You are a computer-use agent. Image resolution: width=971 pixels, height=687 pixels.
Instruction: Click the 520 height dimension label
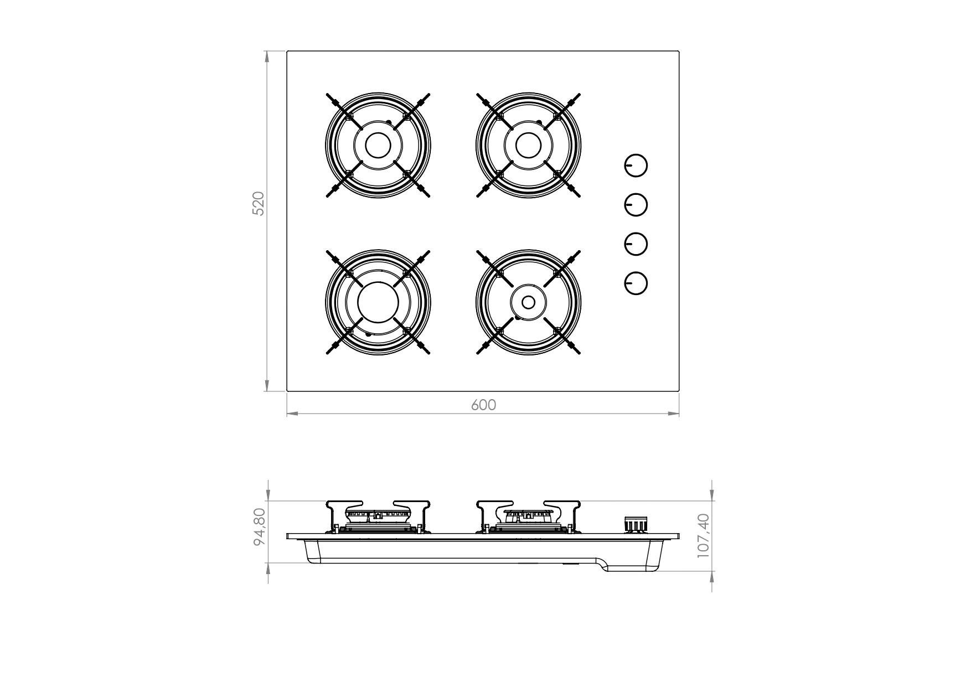(x=259, y=204)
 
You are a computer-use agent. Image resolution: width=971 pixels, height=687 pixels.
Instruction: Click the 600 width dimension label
(x=483, y=405)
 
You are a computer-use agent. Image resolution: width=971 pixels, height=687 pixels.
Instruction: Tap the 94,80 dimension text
(x=260, y=526)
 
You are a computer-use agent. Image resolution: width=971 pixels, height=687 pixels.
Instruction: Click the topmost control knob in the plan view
(x=636, y=166)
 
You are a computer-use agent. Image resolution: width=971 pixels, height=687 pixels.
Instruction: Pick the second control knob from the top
(x=636, y=205)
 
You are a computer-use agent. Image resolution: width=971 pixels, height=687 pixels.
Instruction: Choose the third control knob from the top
(x=636, y=244)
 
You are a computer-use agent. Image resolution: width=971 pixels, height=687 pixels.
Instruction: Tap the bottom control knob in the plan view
(x=636, y=283)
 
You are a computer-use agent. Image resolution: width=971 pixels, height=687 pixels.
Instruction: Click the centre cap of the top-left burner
(x=378, y=145)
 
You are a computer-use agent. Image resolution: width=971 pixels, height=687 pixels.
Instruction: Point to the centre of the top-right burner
(x=529, y=145)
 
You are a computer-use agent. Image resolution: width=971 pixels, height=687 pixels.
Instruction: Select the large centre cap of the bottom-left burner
(x=378, y=302)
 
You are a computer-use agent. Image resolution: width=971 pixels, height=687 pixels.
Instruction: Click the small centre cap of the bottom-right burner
(x=529, y=302)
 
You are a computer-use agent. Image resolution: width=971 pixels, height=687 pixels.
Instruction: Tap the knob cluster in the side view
(x=636, y=524)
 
